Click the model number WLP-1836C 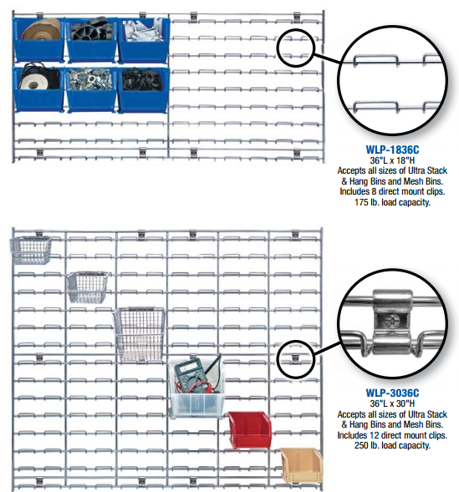392,150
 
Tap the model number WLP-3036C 392,393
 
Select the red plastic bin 250,430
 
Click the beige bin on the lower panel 301,466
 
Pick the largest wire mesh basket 140,333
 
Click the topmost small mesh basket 31,250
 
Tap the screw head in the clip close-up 392,321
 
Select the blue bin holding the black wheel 91,39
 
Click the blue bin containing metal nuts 91,89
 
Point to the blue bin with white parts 144,40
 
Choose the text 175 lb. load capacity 392,202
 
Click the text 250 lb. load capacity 392,445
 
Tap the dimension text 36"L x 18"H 392,160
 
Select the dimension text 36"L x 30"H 392,403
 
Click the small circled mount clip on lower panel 295,358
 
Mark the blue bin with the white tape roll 38,89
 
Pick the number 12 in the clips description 372,435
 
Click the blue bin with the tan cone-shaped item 38,39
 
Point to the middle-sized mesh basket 87,287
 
